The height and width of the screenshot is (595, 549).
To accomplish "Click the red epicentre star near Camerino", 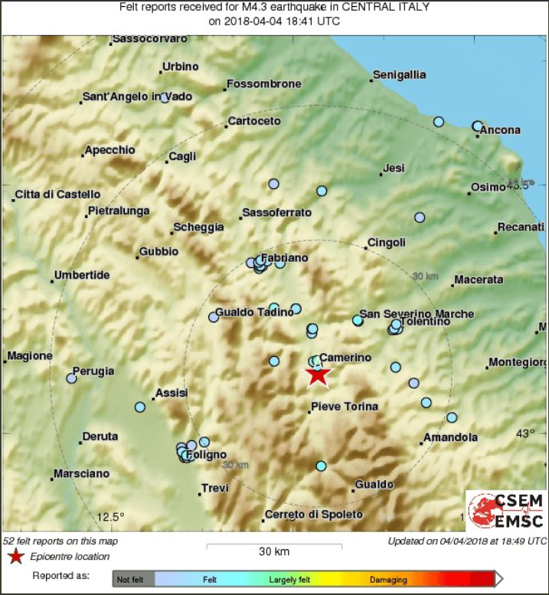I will [317, 374].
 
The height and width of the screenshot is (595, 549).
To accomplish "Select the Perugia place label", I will [94, 371].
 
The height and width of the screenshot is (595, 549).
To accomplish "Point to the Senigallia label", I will [399, 75].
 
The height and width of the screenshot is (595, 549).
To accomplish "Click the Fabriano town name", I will [284, 258].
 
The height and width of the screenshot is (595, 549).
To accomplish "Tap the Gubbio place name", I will [158, 251].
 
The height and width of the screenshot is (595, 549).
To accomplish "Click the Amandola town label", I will [451, 437].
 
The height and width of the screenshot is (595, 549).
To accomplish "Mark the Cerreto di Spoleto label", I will [313, 515].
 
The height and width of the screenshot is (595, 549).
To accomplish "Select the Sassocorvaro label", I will [149, 38].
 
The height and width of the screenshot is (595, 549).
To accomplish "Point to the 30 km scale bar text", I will [273, 551].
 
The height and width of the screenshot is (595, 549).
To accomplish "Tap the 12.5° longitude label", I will [110, 515].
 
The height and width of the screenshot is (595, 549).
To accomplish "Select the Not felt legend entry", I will [132, 580].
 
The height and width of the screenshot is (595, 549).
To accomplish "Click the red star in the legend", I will [13, 556].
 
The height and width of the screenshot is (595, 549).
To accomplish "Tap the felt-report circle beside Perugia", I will [71, 378].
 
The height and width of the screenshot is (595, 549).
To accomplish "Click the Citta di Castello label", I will [57, 195].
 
